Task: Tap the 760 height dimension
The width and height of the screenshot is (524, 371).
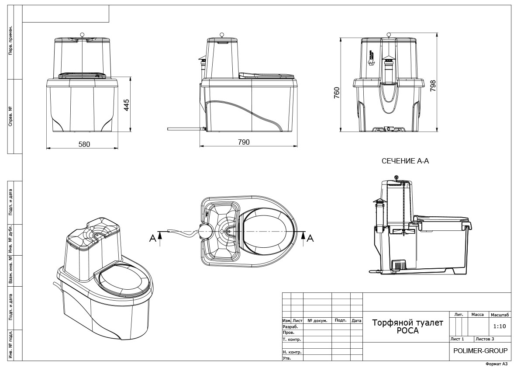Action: coord(337,94)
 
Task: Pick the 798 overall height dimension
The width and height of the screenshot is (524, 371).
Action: coord(433,84)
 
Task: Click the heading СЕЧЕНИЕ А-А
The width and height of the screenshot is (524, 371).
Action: coord(405,161)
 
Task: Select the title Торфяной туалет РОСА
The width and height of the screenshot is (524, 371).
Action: coord(407,326)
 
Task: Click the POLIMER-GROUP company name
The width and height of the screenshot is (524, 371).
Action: coord(480,350)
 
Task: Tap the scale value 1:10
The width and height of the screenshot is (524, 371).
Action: coord(499,326)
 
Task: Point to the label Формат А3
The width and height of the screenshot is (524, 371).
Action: coord(496,364)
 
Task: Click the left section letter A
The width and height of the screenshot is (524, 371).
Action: coord(152,238)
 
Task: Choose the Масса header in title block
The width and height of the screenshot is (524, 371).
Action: coord(477,315)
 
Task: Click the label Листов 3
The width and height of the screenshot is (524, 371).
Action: coord(485,339)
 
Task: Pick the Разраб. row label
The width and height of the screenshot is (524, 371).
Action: coord(290,326)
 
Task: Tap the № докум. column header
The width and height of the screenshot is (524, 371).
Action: coord(317,320)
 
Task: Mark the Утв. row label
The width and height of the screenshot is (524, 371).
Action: coord(287,358)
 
